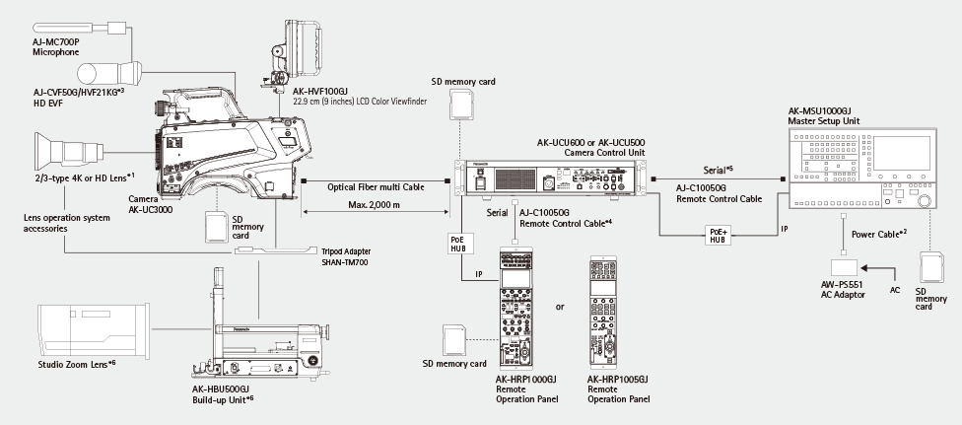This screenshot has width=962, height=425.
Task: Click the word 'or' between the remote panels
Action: click(560, 307)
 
